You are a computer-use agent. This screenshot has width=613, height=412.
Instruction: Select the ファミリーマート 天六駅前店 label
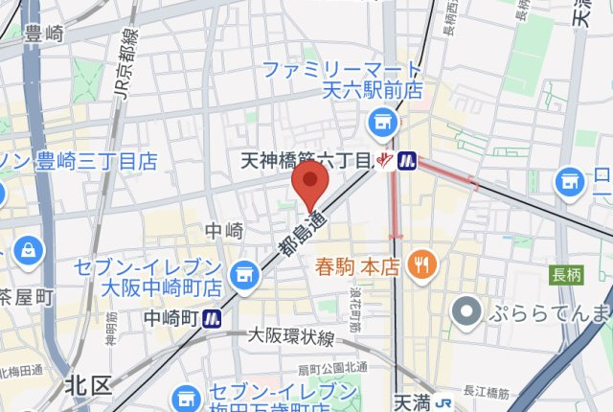pos(341,80)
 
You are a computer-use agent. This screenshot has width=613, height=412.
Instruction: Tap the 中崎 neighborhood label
pos(224,231)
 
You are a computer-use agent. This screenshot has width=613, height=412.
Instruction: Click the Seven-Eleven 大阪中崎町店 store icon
pos(246,274)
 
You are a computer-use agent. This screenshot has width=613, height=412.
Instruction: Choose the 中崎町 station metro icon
pos(213,317)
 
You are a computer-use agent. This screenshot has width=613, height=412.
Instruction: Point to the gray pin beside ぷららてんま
pos(467,311)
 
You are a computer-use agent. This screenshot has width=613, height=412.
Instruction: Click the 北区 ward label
pos(88,385)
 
